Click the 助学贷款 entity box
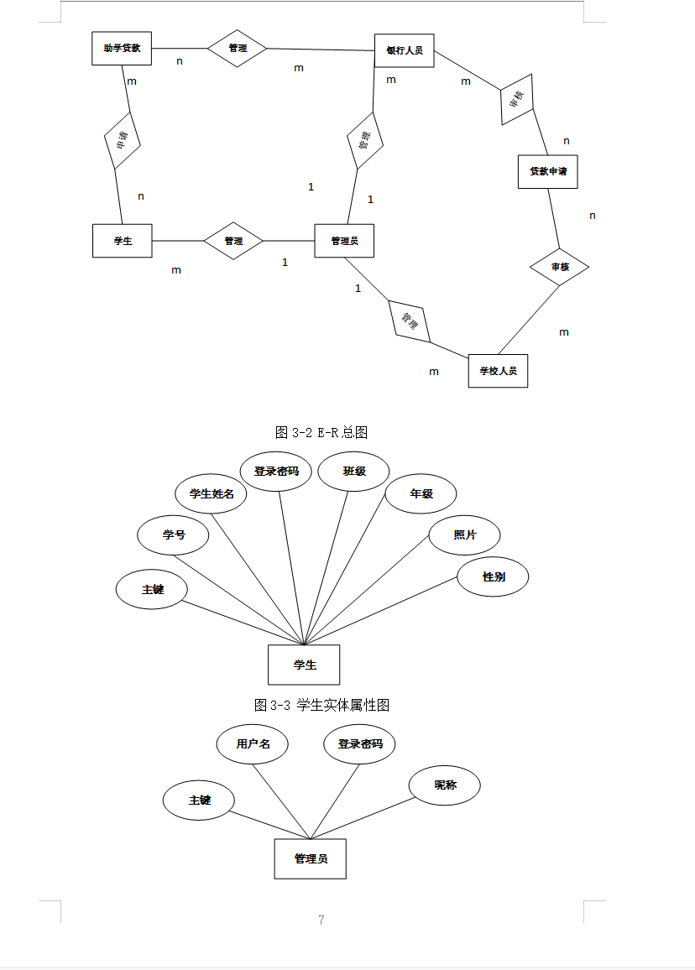click(122, 48)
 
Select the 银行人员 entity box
click(404, 50)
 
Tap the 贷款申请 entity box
click(548, 171)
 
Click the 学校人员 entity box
click(498, 370)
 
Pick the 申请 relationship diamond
click(122, 141)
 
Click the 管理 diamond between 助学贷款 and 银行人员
click(238, 48)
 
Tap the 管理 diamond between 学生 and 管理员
click(233, 241)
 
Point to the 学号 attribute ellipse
click(173, 535)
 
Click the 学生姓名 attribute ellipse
click(212, 493)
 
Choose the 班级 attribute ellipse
click(354, 471)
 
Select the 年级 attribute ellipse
click(421, 493)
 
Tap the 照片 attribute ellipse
click(465, 535)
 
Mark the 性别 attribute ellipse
click(494, 576)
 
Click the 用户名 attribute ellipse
click(253, 743)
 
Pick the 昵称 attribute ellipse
click(445, 785)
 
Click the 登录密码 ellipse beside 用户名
click(359, 743)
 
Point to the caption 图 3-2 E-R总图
click(321, 433)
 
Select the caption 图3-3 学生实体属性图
click(321, 705)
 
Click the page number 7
click(321, 920)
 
